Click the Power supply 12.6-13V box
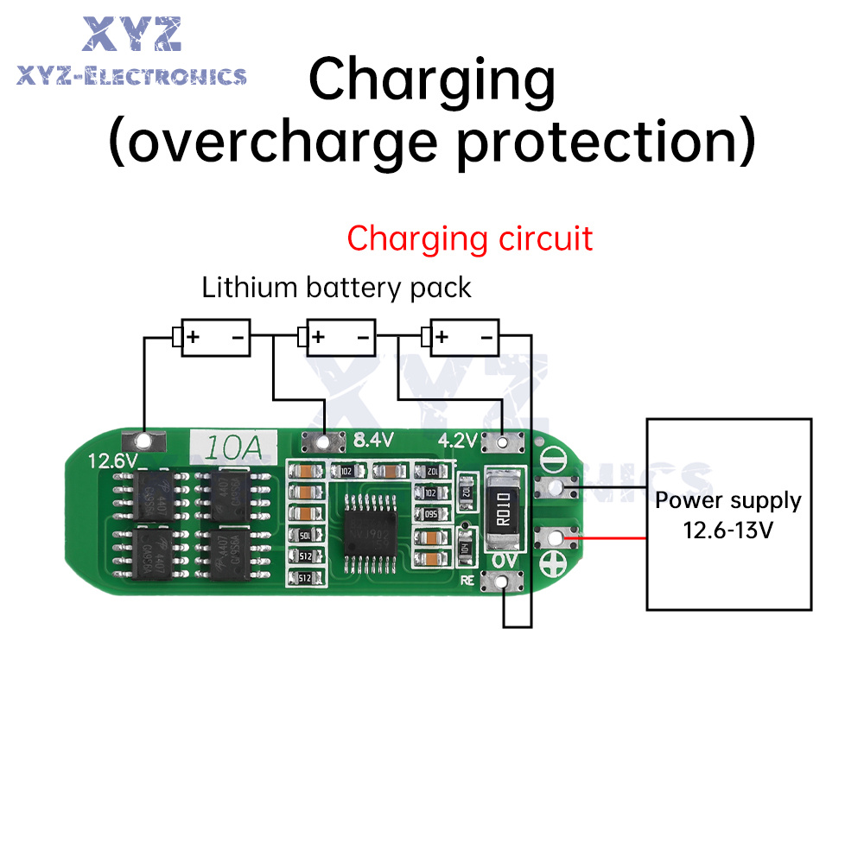click(729, 513)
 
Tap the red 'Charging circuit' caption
click(470, 238)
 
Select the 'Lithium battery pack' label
click(336, 288)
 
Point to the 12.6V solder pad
click(145, 442)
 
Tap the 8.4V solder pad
click(324, 442)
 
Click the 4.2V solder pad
click(503, 442)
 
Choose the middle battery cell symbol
click(337, 336)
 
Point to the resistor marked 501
click(304, 536)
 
